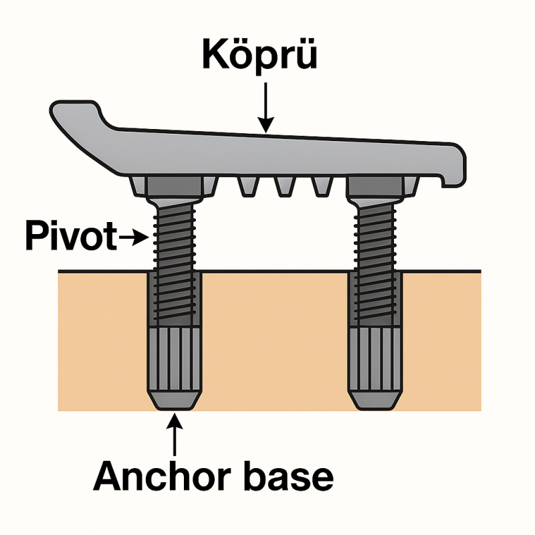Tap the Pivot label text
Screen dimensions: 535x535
tap(68, 236)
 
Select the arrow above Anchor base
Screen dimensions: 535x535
tap(175, 435)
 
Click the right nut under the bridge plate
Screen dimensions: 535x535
tap(375, 187)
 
